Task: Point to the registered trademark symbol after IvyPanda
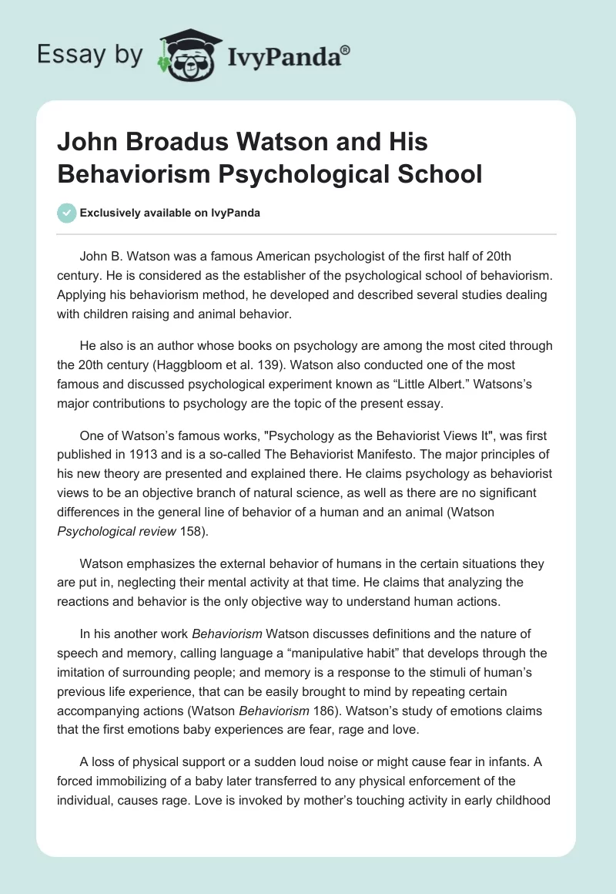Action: pos(346,49)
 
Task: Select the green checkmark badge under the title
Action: pos(66,213)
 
